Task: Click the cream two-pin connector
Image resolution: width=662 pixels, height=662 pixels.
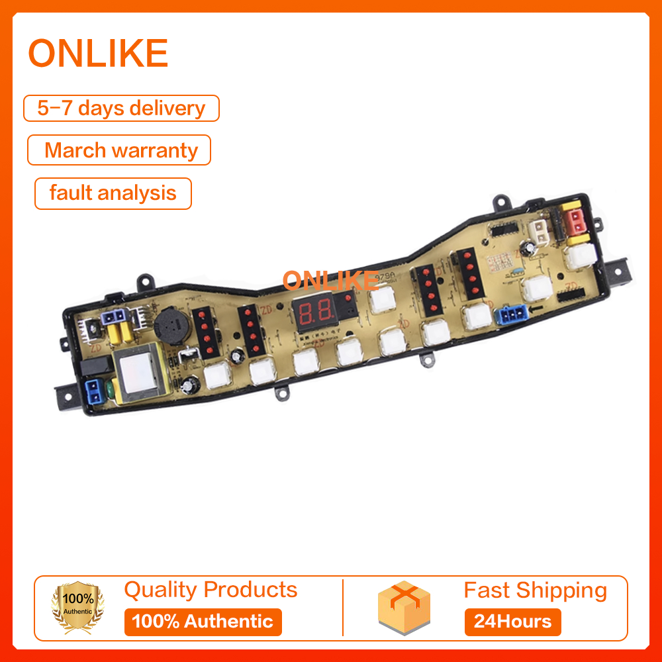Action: [540, 232]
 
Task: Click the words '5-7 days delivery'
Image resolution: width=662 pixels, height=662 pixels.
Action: [121, 108]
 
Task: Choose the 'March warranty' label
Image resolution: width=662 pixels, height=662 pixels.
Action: [120, 150]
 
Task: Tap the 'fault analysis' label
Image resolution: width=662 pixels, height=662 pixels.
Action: [113, 193]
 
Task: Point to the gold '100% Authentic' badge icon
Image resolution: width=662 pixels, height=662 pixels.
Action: [79, 608]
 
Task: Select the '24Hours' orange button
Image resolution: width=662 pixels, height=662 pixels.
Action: [512, 622]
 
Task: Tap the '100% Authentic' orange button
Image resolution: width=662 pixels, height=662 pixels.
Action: [203, 622]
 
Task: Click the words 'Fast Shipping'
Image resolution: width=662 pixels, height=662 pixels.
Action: [535, 590]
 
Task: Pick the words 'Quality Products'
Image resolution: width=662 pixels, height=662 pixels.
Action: [211, 589]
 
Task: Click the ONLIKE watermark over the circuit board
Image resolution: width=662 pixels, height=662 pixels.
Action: [329, 281]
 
